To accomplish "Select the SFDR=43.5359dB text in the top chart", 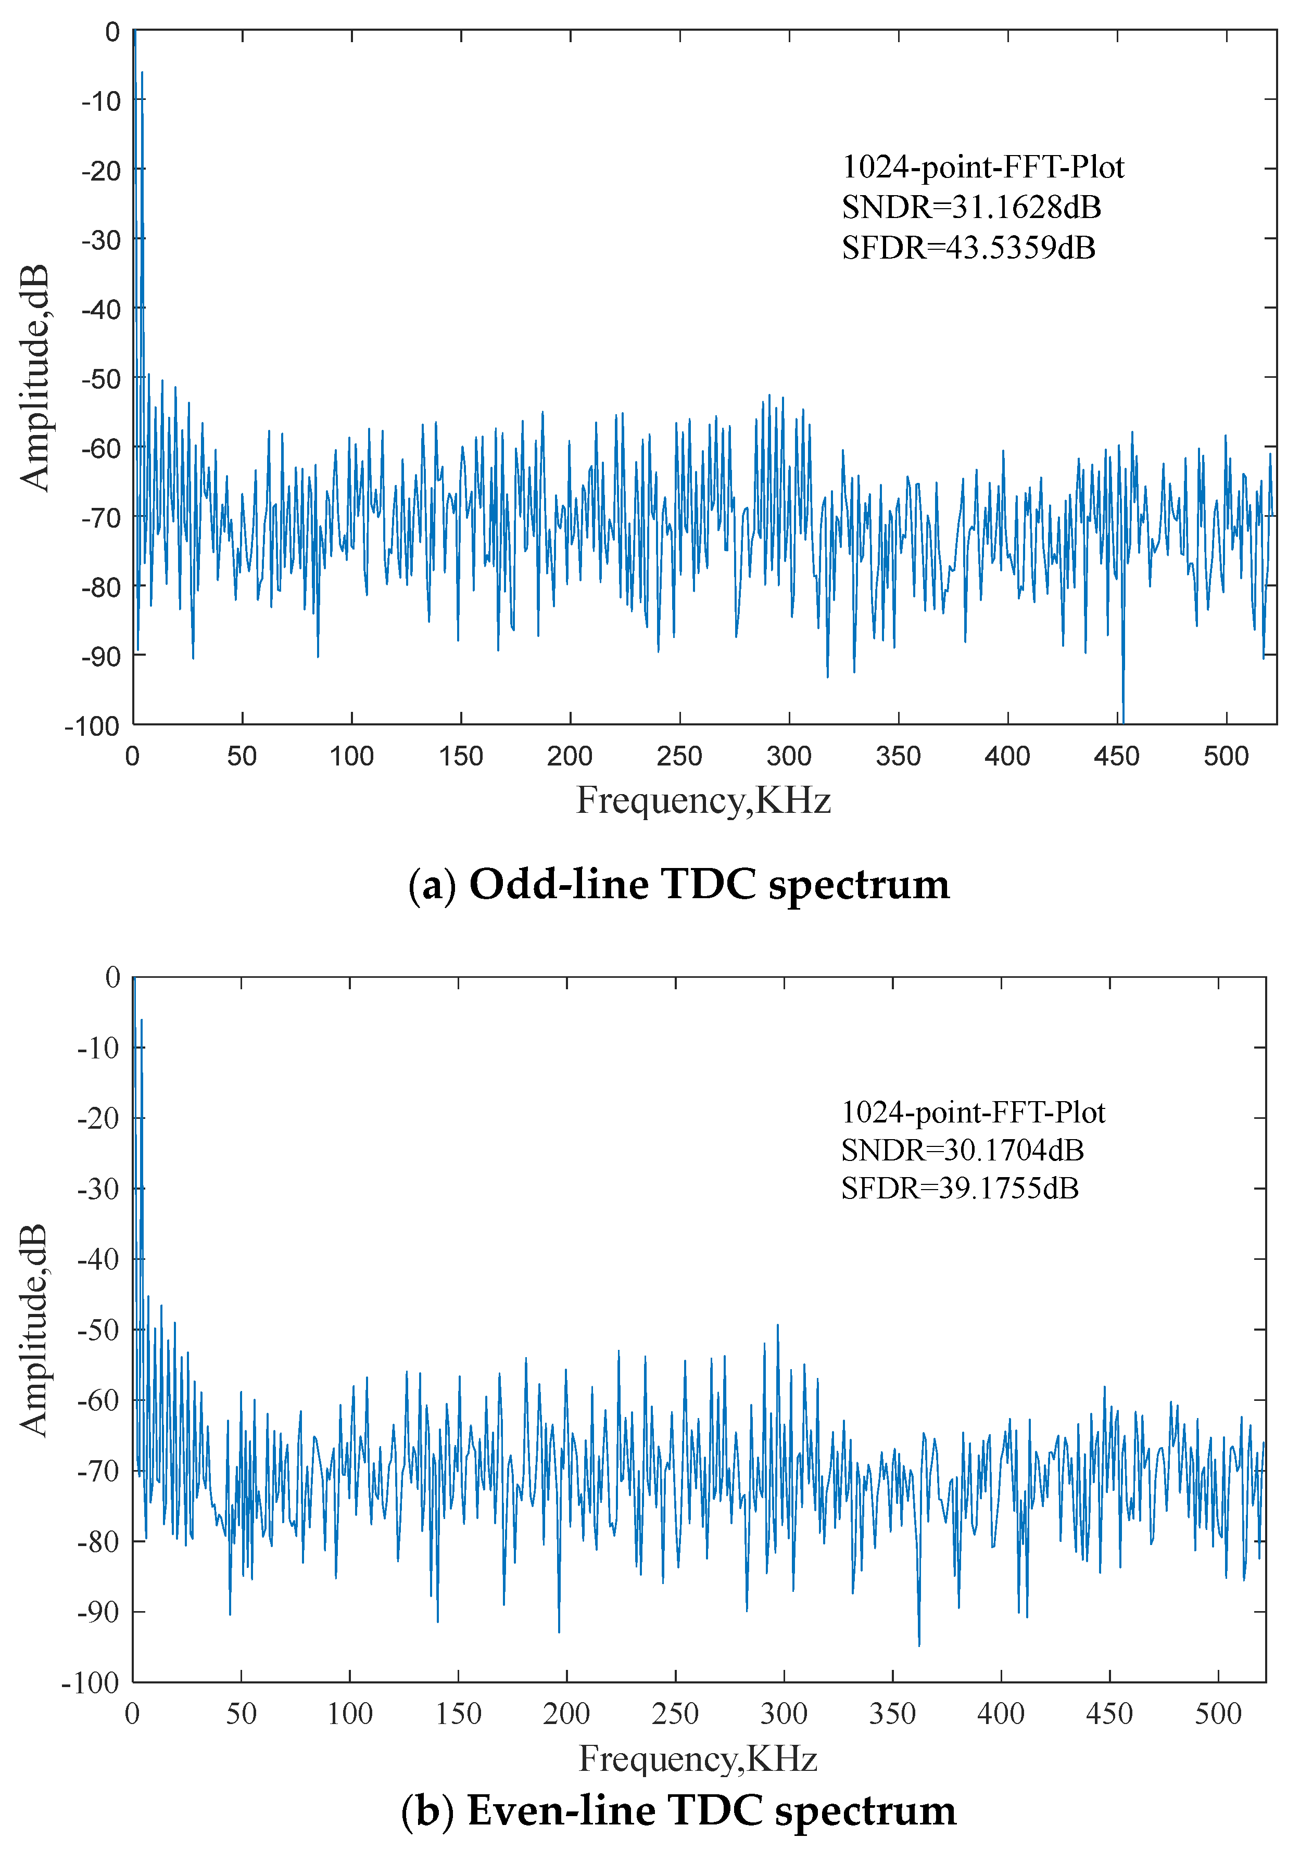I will [968, 248].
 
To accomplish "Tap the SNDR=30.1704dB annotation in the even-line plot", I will [962, 1151].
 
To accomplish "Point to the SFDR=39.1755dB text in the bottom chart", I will [960, 1189].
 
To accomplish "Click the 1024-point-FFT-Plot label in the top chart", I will [982, 167].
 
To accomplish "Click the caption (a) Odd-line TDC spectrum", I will [679, 884].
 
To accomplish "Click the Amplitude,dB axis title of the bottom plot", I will [34, 1330].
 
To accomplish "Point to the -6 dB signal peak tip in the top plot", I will [142, 72].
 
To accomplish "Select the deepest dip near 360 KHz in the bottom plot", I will [918, 1644].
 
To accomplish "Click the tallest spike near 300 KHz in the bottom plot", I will [777, 1324].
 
